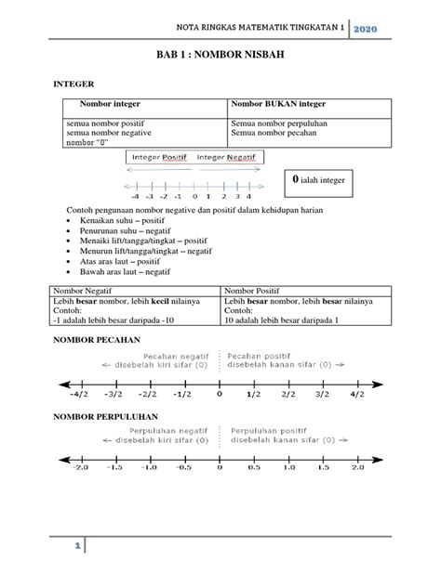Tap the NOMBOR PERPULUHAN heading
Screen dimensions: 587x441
(111, 415)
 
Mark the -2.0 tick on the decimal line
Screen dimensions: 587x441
(83, 469)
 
